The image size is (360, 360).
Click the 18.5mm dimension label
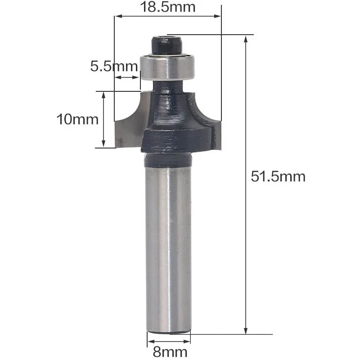point(168,7)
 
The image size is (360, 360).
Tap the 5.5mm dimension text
point(114,66)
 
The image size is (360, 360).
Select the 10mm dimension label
point(77,119)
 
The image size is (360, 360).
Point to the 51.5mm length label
point(278,176)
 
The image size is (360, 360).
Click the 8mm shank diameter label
point(170,352)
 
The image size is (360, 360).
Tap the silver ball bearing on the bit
point(168,67)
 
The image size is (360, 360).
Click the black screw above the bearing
point(166,45)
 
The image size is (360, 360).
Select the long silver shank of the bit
point(168,250)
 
